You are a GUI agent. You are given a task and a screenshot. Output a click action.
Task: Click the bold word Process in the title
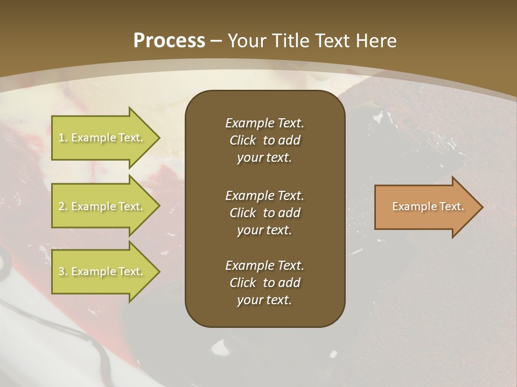pos(169,41)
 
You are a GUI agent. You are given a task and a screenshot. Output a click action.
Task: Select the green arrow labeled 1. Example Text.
pos(102,138)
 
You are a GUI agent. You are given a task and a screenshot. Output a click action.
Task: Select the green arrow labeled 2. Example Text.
pos(102,206)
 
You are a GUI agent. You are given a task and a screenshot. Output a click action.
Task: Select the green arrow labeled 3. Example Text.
pos(102,271)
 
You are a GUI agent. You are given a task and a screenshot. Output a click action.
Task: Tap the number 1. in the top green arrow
pos(62,138)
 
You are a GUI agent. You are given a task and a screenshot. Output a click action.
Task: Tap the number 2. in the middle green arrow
pos(62,206)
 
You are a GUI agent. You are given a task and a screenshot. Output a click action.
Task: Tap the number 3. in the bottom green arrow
pos(62,271)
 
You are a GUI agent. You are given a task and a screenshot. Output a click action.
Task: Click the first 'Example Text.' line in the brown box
pos(264,123)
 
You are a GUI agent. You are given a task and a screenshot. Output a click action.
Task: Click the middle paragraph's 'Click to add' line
pos(264,213)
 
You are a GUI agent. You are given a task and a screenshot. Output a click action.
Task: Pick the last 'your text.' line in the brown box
pos(264,300)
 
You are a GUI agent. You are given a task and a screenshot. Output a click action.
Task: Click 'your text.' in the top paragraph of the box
pos(264,158)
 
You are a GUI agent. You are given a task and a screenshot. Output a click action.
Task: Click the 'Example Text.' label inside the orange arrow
pos(428,206)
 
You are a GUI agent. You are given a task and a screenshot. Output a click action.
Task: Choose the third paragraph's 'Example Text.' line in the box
pos(264,266)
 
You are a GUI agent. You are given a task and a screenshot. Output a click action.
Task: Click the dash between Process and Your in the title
pos(216,41)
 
